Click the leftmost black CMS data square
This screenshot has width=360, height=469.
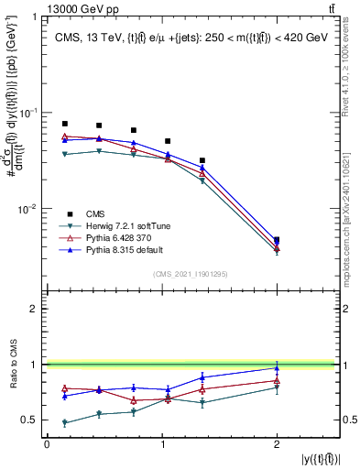[x=64, y=124]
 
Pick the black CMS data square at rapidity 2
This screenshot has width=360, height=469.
[x=277, y=240]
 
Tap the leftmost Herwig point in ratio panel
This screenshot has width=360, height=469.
[x=64, y=423]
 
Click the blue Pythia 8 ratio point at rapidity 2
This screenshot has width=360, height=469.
[x=277, y=368]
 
